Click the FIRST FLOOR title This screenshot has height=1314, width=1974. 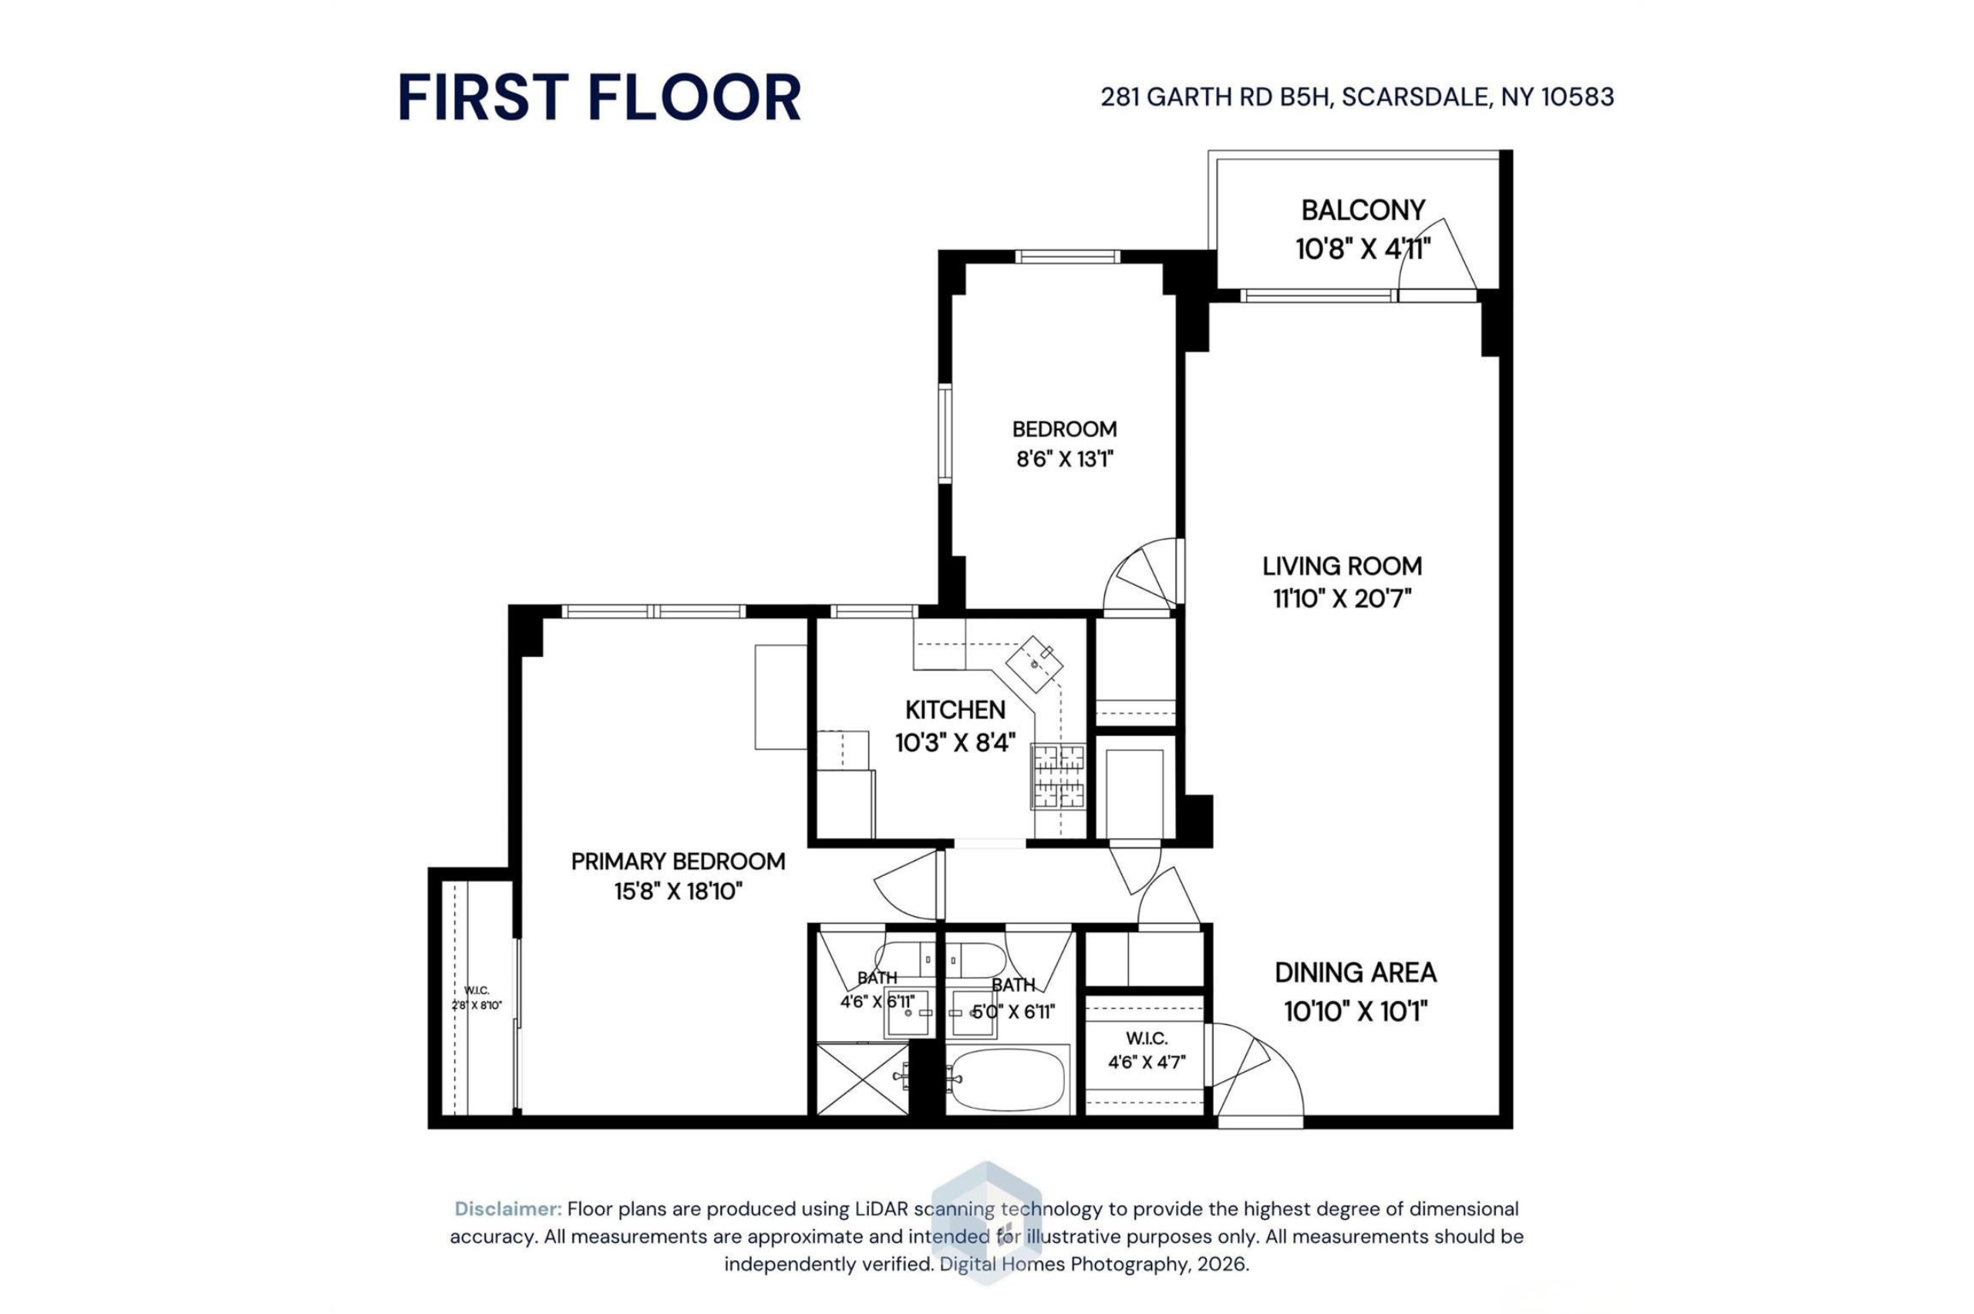coord(599,97)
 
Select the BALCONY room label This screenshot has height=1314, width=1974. coord(1363,210)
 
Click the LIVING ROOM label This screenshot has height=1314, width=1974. coord(1342,567)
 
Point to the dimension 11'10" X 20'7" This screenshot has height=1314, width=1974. coord(1342,599)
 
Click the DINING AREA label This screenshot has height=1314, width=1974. coord(1356,973)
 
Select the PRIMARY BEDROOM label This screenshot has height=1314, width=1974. coord(678,861)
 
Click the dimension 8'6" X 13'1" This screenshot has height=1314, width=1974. coord(1064,460)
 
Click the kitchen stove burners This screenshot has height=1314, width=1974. coord(1058,776)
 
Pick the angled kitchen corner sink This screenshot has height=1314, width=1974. coord(1034,663)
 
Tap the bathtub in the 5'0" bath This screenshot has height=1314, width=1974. coord(1008,1080)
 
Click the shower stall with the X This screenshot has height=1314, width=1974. coord(862,1080)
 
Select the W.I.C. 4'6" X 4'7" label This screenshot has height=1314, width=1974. coord(1146,1051)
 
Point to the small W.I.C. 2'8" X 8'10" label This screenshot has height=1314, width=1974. coord(477,998)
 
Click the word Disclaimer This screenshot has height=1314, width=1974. coord(507,1209)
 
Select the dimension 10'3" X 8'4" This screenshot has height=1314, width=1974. coord(955,743)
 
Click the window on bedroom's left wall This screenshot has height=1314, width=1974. coord(945,433)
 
